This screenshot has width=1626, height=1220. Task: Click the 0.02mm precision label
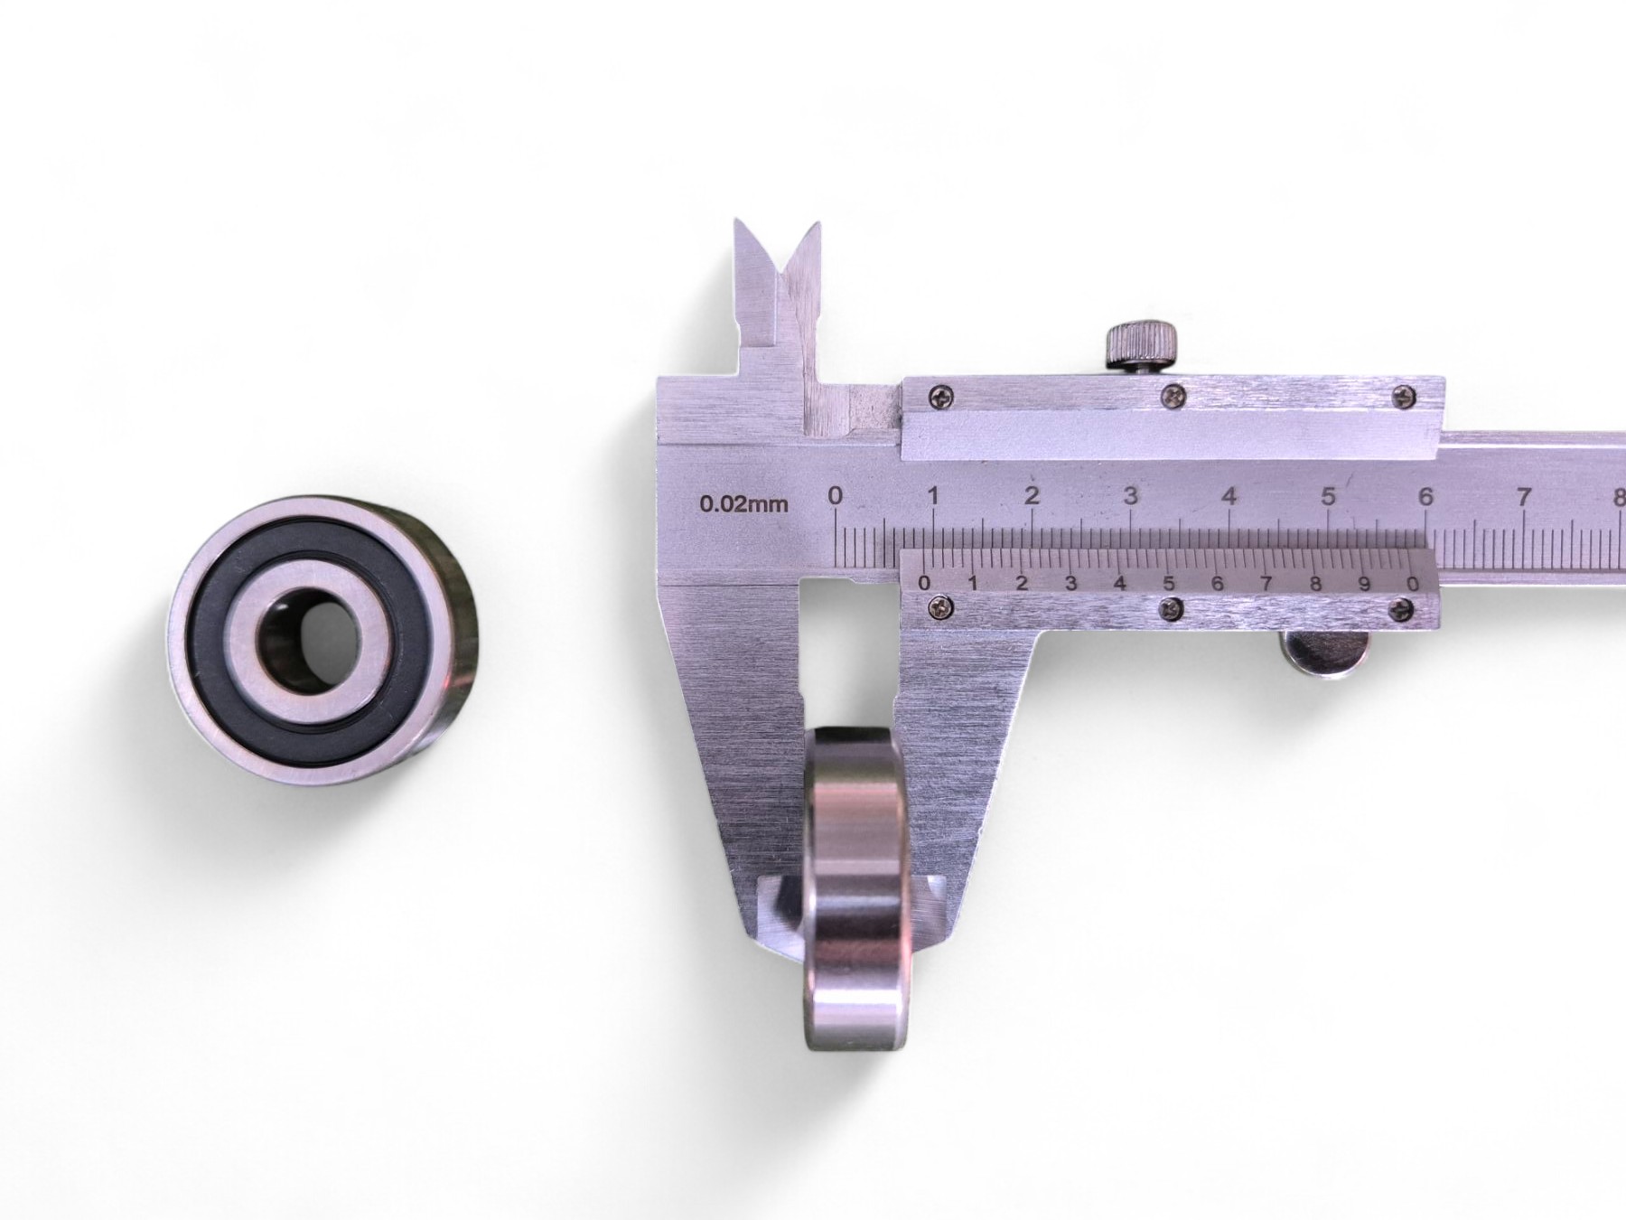(x=744, y=503)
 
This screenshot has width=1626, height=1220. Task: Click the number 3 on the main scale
(x=1130, y=496)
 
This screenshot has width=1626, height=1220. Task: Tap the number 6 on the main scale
(x=1425, y=496)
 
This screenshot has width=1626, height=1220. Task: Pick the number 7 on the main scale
(x=1525, y=496)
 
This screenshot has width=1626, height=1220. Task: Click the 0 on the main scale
(x=835, y=495)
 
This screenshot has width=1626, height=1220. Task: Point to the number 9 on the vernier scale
(x=1364, y=583)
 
